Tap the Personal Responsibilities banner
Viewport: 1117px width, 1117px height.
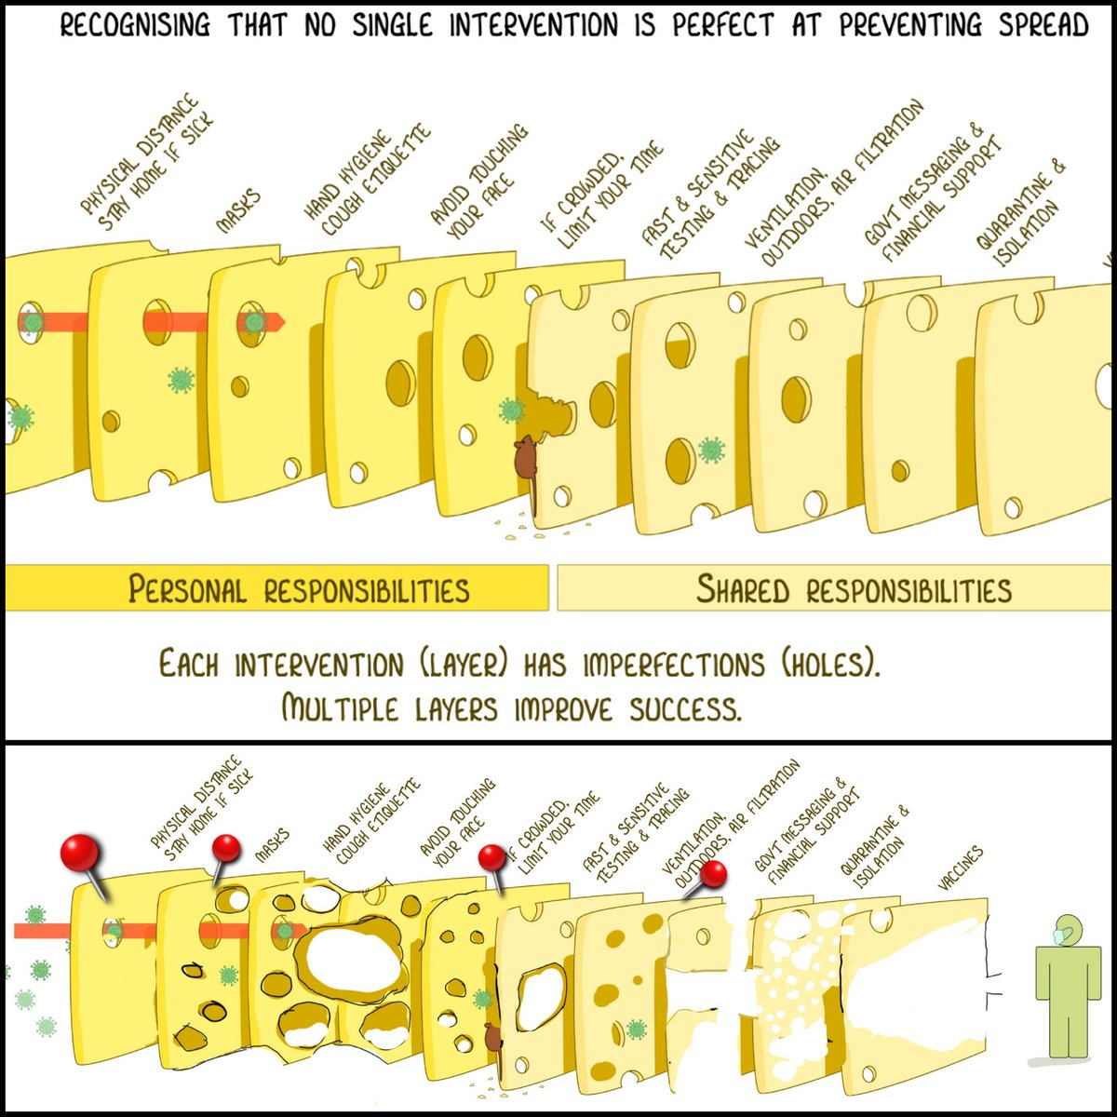click(299, 589)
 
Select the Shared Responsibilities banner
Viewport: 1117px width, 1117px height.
click(854, 589)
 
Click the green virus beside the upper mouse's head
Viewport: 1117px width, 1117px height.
click(509, 410)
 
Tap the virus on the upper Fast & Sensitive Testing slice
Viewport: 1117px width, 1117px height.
click(711, 451)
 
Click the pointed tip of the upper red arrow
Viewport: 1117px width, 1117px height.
click(282, 321)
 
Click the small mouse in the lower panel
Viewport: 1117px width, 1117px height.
click(492, 1039)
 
